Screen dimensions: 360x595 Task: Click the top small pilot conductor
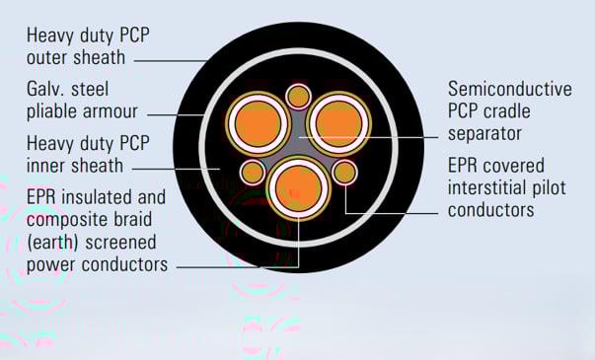point(298,96)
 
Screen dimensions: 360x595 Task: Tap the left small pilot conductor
point(253,173)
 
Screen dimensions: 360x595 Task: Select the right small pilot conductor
point(344,173)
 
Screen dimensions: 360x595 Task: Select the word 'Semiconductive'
point(509,89)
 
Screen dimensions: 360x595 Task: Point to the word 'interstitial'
point(485,187)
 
